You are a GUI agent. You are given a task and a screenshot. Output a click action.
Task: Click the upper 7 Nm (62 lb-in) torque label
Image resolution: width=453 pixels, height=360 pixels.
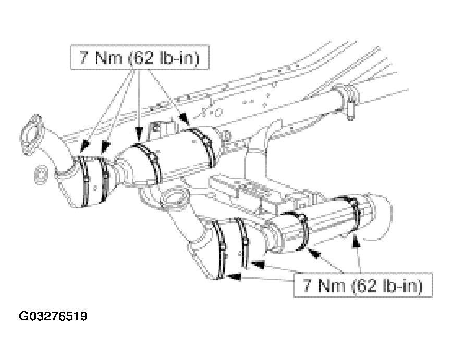(x=140, y=57)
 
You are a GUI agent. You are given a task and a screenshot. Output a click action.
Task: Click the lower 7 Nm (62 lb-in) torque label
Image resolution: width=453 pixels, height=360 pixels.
(x=363, y=285)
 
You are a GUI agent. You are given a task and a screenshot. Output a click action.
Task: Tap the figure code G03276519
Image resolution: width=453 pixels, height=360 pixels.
(x=53, y=316)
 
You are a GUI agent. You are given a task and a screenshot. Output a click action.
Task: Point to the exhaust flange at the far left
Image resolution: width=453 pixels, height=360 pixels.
(x=31, y=135)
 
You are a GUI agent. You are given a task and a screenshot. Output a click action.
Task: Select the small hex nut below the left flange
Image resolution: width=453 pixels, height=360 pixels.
(x=41, y=175)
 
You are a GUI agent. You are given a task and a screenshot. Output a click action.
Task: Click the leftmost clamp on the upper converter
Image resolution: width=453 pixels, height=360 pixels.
(x=84, y=181)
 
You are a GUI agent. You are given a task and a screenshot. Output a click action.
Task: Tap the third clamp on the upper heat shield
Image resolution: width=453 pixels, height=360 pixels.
(x=150, y=163)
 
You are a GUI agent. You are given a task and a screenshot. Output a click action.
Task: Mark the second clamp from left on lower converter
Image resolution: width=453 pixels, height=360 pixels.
(x=242, y=242)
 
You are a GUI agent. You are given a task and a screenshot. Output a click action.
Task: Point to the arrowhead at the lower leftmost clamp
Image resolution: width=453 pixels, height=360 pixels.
(x=234, y=277)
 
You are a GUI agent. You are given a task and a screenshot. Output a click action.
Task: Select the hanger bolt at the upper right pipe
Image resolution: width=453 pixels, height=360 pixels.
(x=350, y=108)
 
